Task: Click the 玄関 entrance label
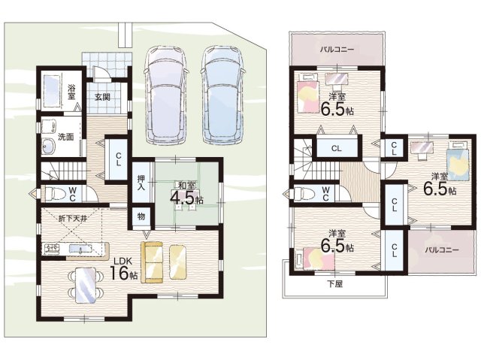[x=102, y=97]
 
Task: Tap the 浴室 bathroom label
[x=71, y=92]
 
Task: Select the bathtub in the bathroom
[x=51, y=92]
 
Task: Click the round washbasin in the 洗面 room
[x=48, y=147]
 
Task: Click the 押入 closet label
[x=141, y=183]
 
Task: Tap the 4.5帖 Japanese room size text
[x=186, y=198]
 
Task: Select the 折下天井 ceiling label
[x=73, y=219]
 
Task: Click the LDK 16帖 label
[x=123, y=269]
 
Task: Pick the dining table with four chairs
[x=84, y=286]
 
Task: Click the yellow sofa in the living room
[x=152, y=262]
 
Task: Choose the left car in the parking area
[x=166, y=95]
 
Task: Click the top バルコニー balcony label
[x=337, y=49]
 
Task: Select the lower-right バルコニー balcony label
[x=442, y=250]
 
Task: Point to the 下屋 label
[x=334, y=284]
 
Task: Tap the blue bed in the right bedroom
[x=458, y=161]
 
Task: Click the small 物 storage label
[x=141, y=216]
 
